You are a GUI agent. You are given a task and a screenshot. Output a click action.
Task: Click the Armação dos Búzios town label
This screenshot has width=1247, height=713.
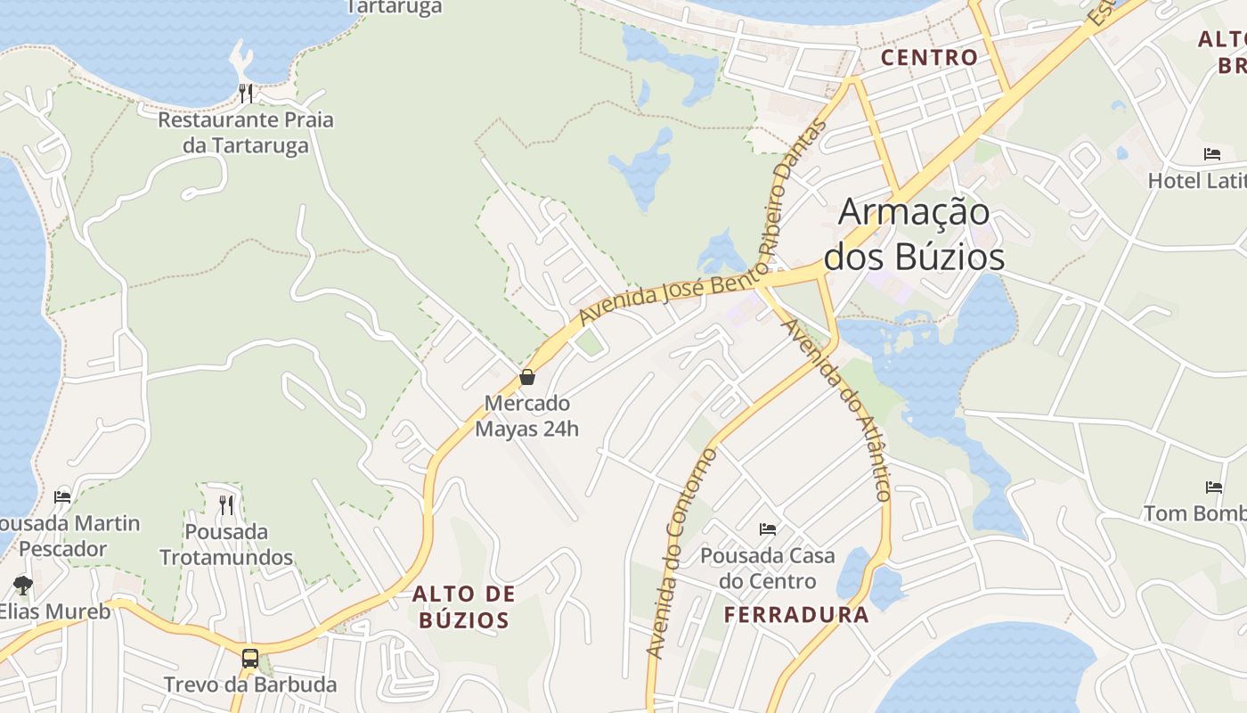click(x=914, y=234)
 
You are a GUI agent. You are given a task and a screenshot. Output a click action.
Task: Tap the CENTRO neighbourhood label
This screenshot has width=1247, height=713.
click(x=929, y=58)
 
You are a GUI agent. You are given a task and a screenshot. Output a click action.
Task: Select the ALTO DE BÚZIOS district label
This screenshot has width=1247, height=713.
click(x=463, y=607)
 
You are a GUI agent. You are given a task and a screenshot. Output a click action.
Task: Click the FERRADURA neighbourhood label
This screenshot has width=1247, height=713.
click(x=796, y=614)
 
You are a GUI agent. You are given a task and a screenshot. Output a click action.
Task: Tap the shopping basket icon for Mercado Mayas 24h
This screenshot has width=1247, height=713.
click(x=527, y=377)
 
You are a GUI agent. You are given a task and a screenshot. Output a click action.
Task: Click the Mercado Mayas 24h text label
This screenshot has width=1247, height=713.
click(x=526, y=416)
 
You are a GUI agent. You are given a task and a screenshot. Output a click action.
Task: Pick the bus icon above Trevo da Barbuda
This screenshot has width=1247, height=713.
click(x=250, y=659)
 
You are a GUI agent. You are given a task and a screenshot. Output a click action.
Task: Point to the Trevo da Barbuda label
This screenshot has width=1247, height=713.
click(x=250, y=684)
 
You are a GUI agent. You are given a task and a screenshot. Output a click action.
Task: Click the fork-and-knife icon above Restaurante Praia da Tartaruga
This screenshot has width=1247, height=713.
click(x=246, y=93)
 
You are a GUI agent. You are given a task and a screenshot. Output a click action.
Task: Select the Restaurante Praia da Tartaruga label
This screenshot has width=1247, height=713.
click(x=246, y=132)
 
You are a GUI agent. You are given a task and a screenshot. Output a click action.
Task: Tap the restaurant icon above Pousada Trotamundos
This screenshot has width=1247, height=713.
click(x=226, y=505)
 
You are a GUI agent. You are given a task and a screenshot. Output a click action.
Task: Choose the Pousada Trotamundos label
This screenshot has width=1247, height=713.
click(x=226, y=545)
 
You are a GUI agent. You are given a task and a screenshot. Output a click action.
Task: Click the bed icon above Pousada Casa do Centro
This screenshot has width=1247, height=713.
click(x=768, y=529)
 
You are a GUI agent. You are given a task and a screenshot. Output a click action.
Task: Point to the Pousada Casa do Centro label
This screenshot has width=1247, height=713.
click(x=768, y=569)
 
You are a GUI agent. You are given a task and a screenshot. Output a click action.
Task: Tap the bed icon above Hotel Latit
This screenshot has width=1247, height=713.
click(x=1212, y=154)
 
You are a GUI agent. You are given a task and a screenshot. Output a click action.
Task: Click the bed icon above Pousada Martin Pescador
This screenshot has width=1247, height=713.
click(x=62, y=496)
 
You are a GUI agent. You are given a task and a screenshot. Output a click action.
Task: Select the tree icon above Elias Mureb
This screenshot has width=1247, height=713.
click(x=23, y=586)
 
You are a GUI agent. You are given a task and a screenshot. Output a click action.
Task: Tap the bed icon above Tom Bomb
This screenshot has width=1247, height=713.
click(x=1214, y=488)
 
